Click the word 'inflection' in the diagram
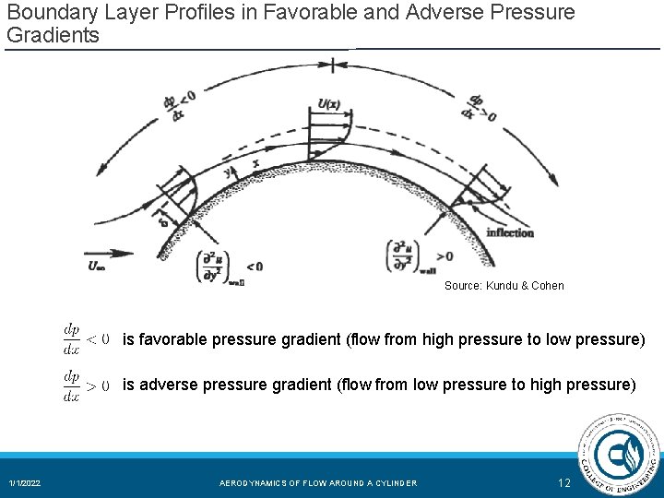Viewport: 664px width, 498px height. pyautogui.click(x=510, y=232)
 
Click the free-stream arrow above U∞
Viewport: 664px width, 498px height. pyautogui.click(x=107, y=252)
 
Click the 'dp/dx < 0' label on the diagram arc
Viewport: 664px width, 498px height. pyautogui.click(x=179, y=102)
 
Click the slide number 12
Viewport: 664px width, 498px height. pyautogui.click(x=564, y=482)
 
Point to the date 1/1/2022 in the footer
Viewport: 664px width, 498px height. pyautogui.click(x=25, y=483)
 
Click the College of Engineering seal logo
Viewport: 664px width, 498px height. pyautogui.click(x=617, y=456)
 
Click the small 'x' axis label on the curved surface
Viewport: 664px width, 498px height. pyautogui.click(x=255, y=163)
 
